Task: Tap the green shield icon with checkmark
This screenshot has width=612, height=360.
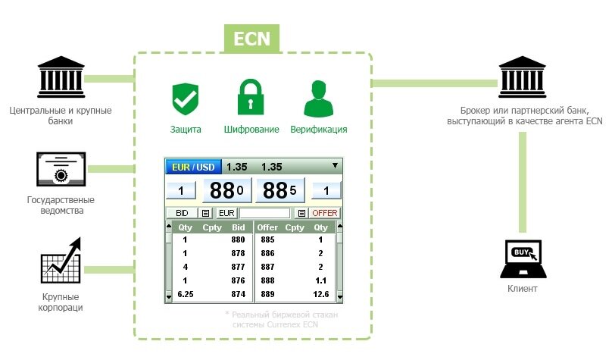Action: tap(185, 97)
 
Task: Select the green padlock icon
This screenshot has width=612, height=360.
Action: tap(251, 95)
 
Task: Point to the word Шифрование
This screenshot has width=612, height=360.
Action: tap(251, 130)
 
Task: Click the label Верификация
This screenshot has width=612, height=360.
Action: tap(318, 130)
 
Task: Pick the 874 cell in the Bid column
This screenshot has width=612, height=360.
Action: tap(239, 294)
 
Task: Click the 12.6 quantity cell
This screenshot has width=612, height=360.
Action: tap(321, 294)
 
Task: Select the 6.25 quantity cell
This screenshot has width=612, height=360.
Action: tap(186, 294)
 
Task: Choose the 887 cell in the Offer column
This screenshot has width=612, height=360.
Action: tap(267, 267)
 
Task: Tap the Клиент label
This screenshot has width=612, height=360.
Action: tap(523, 290)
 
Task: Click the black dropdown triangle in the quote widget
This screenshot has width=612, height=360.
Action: tap(334, 165)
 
